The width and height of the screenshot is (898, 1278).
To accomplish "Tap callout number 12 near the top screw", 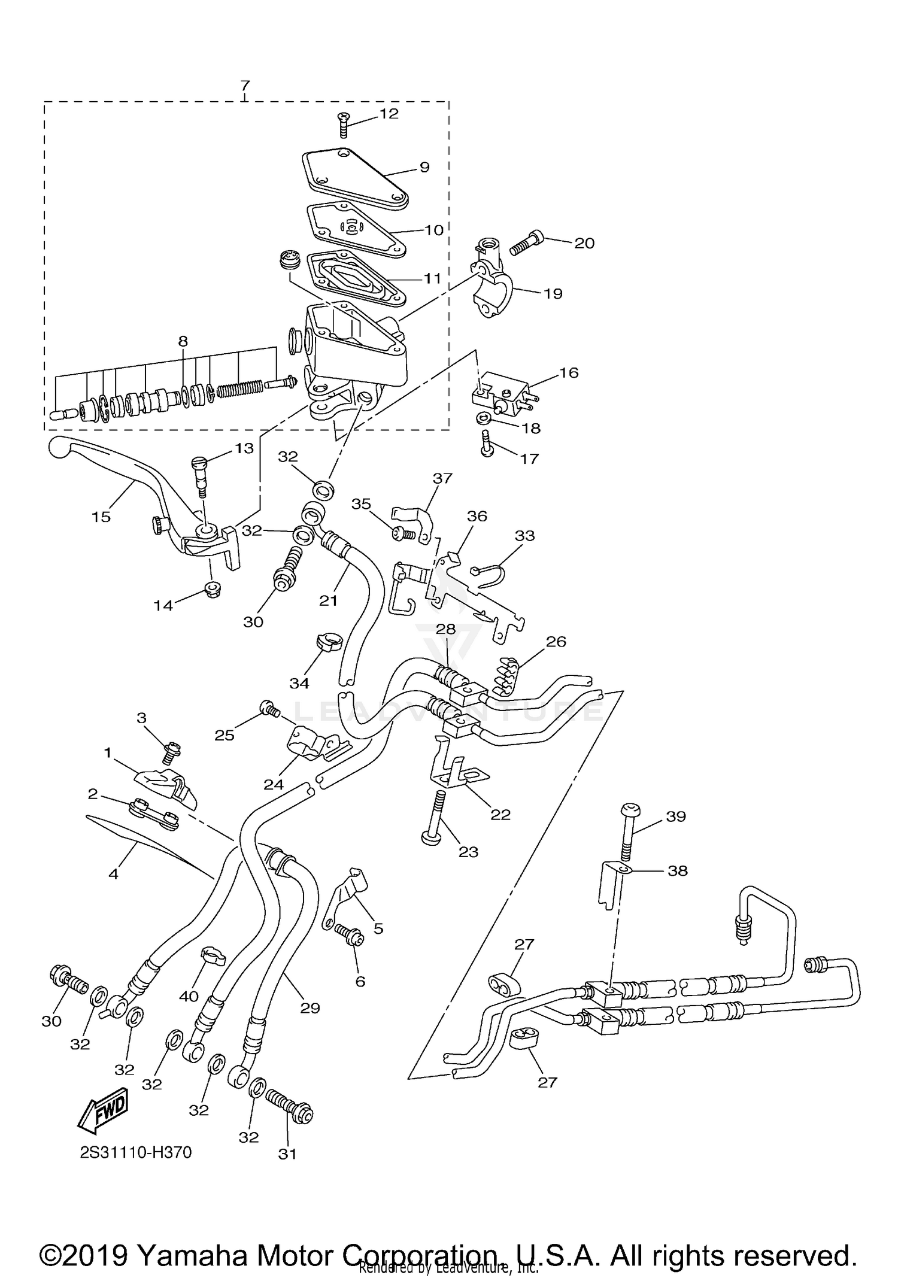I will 389,114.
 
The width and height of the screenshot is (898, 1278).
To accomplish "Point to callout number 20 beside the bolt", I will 584,243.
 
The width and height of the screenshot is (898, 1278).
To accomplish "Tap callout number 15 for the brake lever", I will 101,517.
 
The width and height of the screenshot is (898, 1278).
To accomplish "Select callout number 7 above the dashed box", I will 244,86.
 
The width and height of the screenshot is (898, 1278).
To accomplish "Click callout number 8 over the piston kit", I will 183,342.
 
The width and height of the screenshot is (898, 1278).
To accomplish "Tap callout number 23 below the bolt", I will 468,852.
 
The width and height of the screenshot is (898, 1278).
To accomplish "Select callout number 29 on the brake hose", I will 310,1008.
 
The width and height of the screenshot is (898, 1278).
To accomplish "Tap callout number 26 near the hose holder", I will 556,642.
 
